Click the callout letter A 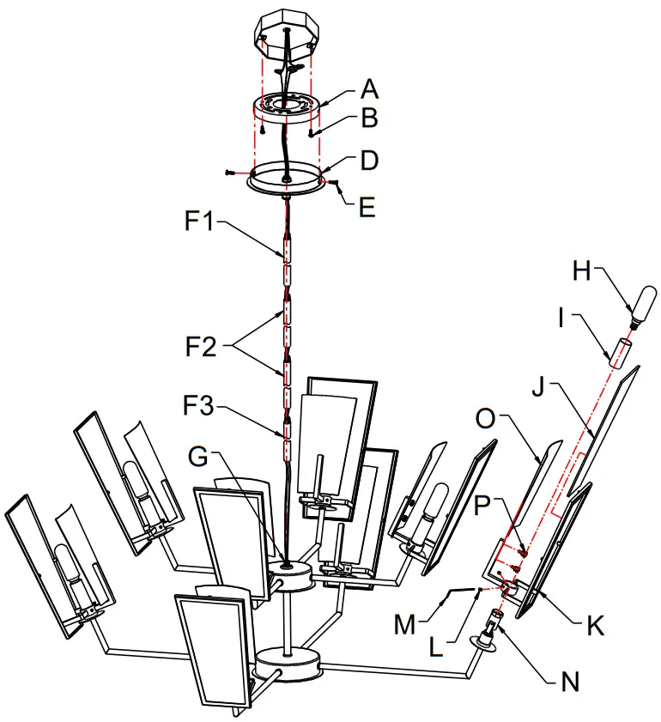(x=369, y=89)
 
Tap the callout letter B (x=370, y=118)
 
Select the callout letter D (x=369, y=161)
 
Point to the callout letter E (x=367, y=207)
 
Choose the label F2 (x=201, y=346)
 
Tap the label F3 (x=198, y=406)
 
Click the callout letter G (x=198, y=457)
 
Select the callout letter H (x=582, y=270)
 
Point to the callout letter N (x=570, y=681)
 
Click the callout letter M (x=404, y=625)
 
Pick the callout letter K (x=596, y=625)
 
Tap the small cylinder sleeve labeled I (x=619, y=353)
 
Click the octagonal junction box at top (x=285, y=35)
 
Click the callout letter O (x=485, y=419)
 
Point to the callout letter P (x=482, y=505)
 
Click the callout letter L (x=435, y=647)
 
